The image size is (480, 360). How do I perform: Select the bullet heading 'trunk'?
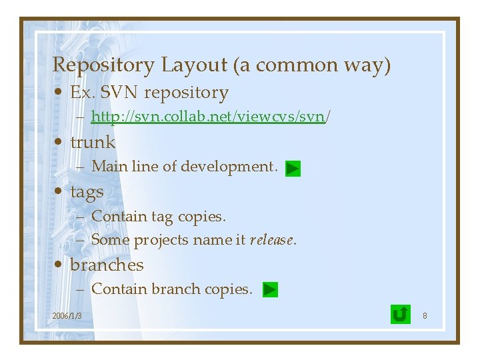click(93, 142)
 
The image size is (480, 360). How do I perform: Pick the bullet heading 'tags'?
click(87, 192)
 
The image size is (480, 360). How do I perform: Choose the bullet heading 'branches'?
click(107, 265)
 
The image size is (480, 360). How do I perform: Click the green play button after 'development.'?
click(293, 169)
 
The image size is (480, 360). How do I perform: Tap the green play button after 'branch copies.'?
click(270, 290)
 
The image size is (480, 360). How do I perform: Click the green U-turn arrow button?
click(400, 314)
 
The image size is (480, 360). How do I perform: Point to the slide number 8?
click(425, 315)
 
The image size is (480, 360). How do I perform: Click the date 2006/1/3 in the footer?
click(67, 315)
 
